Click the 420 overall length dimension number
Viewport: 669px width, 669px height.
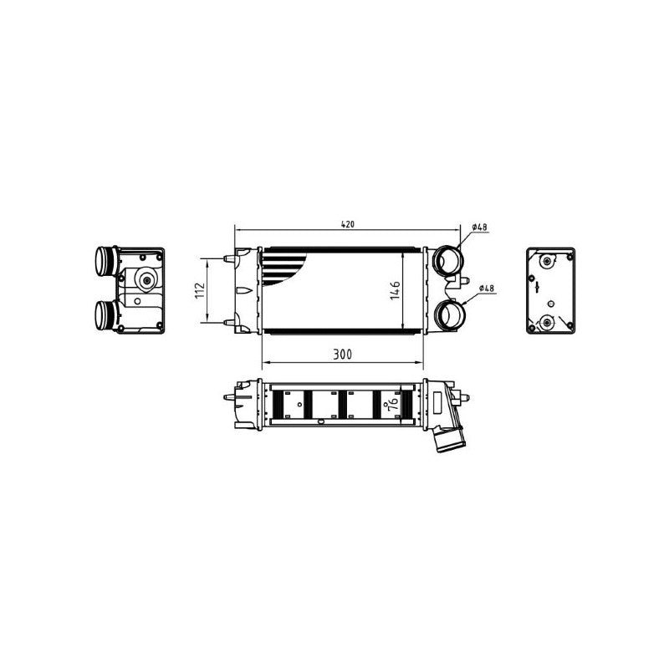pyautogui.click(x=348, y=224)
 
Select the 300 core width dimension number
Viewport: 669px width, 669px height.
pyautogui.click(x=343, y=354)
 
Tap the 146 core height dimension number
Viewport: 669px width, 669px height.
pyautogui.click(x=396, y=290)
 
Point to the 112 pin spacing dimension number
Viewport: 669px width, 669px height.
pyautogui.click(x=200, y=290)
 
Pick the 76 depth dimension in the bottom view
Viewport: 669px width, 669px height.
pyautogui.click(x=394, y=402)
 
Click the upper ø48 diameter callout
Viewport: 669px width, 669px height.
pyautogui.click(x=479, y=227)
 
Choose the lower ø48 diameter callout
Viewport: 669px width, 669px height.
pyautogui.click(x=487, y=289)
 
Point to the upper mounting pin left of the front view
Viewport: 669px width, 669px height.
pyautogui.click(x=229, y=258)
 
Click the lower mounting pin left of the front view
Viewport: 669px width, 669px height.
pyautogui.click(x=229, y=323)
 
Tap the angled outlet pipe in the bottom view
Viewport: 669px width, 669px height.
pyautogui.click(x=448, y=437)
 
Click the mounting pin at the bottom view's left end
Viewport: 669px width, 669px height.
pyautogui.click(x=229, y=397)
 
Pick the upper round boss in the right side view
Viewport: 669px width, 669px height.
pyautogui.click(x=547, y=261)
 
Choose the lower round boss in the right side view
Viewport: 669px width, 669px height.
pyautogui.click(x=547, y=322)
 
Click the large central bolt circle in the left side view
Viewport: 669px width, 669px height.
pyautogui.click(x=147, y=280)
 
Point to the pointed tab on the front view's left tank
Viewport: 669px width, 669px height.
pyautogui.click(x=243, y=290)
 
